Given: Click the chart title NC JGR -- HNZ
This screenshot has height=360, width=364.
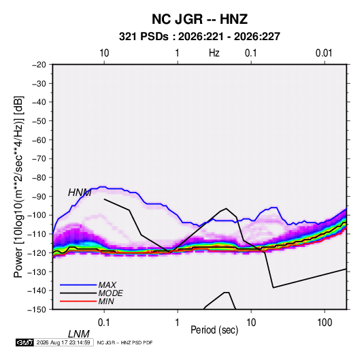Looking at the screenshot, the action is (x=199, y=19).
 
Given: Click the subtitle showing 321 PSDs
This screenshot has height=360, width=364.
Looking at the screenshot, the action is (x=199, y=37).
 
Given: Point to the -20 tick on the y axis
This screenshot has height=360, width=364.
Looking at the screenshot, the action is (x=39, y=65).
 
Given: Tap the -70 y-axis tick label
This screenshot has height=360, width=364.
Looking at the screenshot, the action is (x=39, y=159).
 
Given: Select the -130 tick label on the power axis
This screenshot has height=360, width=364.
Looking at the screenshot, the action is (x=37, y=272).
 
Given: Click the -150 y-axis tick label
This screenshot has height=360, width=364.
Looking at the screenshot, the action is (x=37, y=310).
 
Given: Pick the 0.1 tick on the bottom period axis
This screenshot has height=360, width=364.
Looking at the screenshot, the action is (x=104, y=323).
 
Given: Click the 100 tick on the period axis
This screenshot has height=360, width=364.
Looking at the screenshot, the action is (x=325, y=323).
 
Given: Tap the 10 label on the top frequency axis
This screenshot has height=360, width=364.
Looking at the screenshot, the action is (x=104, y=53).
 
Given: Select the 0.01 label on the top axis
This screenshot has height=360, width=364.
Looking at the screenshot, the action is (x=324, y=53).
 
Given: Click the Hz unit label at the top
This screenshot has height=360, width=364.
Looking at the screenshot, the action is (x=214, y=53).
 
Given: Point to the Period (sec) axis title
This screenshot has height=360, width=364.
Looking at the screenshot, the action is (x=214, y=330).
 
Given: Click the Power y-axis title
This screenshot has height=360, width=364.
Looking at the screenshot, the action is (x=18, y=187).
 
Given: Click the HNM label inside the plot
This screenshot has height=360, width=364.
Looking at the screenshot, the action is (x=80, y=193).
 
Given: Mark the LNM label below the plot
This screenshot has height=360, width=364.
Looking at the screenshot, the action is (x=79, y=334).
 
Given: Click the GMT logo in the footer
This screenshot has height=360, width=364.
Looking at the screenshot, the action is (x=25, y=342).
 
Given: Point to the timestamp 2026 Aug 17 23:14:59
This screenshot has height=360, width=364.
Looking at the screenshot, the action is (x=63, y=342).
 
